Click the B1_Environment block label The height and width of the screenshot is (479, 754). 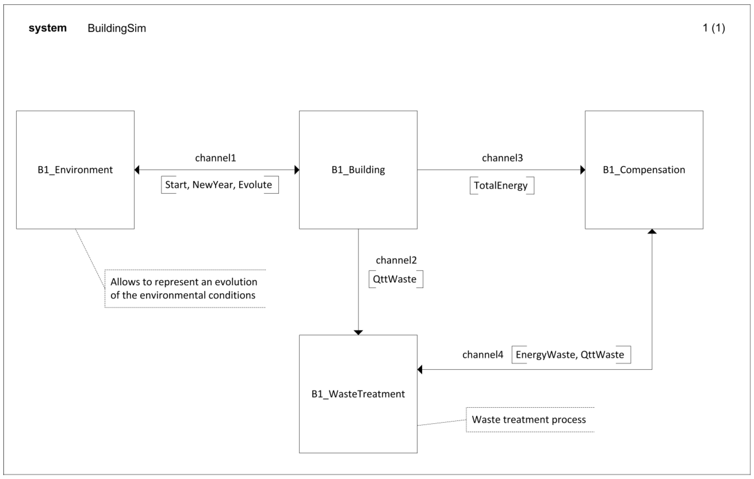(x=75, y=170)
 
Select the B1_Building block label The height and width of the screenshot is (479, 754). (x=358, y=170)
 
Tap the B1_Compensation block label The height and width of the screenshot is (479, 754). (x=644, y=170)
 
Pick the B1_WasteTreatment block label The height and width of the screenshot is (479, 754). (x=358, y=394)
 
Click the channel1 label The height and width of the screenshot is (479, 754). (x=215, y=158)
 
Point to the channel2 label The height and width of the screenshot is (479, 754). (x=396, y=260)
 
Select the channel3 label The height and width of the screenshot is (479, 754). (x=502, y=158)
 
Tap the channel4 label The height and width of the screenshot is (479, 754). (x=482, y=355)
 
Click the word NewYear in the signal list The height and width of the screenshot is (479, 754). (x=213, y=185)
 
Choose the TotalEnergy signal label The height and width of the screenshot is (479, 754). (x=500, y=185)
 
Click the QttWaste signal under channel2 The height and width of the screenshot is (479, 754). (x=395, y=279)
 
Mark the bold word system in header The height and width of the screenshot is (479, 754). (x=48, y=28)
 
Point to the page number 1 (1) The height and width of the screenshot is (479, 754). (x=714, y=28)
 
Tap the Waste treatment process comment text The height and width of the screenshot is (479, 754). (x=529, y=419)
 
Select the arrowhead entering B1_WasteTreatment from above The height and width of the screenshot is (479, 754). (x=358, y=333)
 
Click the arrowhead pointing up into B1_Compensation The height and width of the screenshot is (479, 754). (x=652, y=231)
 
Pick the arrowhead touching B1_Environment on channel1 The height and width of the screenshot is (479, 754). (x=137, y=170)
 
